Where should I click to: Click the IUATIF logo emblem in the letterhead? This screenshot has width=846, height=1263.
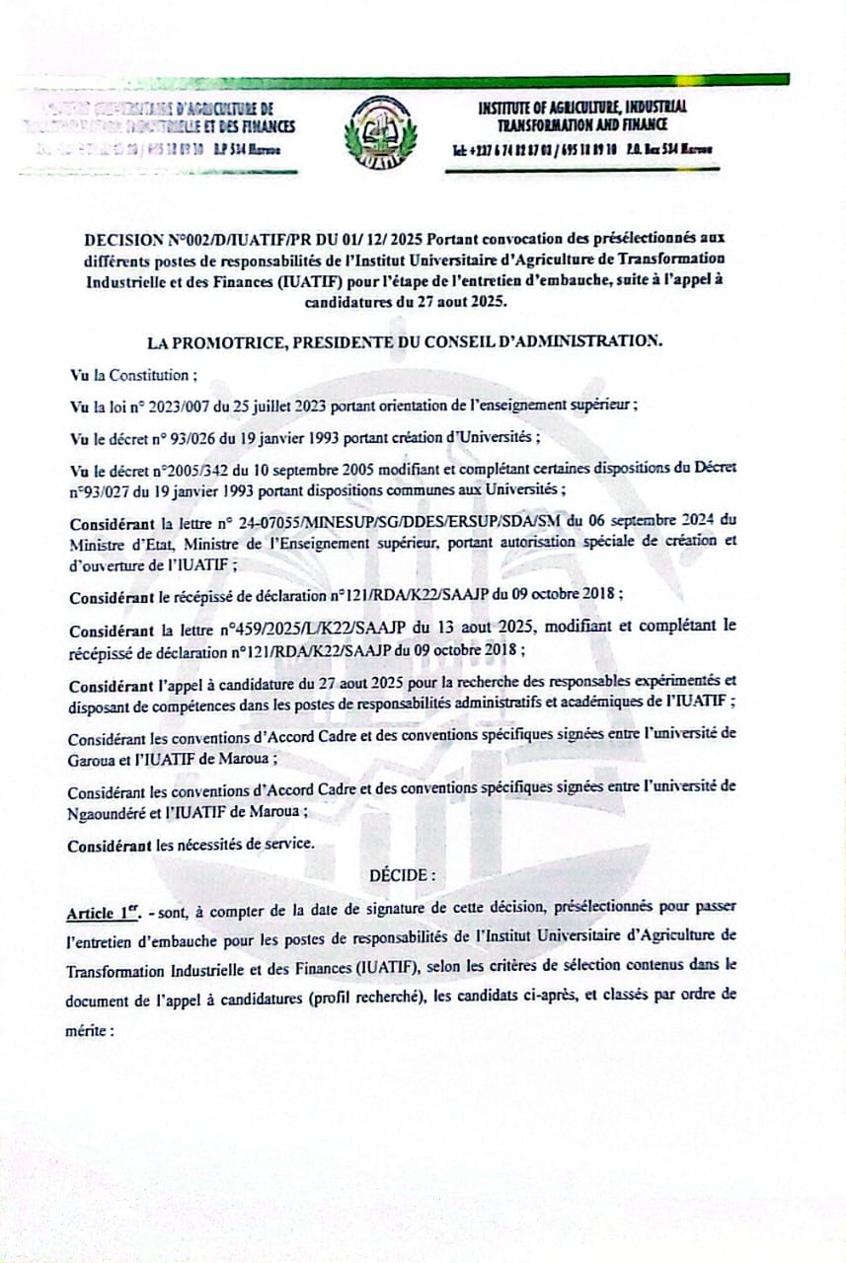pos(380,133)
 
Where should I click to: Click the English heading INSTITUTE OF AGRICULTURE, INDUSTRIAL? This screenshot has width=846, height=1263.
pos(582,108)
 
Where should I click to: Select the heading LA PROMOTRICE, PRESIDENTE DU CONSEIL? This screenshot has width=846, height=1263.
pos(403,341)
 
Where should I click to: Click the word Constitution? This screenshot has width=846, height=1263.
pos(149,375)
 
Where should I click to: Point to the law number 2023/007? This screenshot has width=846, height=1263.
pos(175,406)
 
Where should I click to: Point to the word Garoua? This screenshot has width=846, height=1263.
pos(92,760)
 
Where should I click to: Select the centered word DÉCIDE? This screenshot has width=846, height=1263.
pos(402,875)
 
